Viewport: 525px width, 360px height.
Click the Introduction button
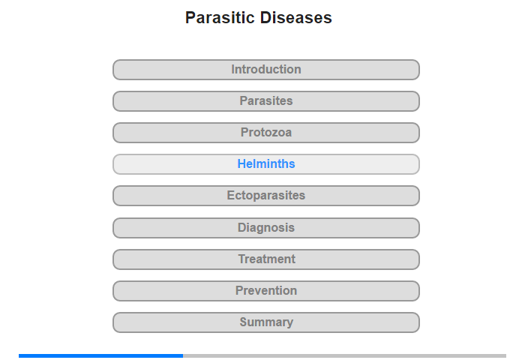266,70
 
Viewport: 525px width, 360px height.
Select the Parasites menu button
266,101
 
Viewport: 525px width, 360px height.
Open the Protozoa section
266,133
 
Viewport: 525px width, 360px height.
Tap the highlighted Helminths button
266,164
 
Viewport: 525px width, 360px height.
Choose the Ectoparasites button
266,196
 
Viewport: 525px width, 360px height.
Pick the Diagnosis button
266,228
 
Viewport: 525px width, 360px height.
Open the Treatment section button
266,259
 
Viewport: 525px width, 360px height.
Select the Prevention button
266,291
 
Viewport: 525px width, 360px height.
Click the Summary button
266,322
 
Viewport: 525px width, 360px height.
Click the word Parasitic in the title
220,17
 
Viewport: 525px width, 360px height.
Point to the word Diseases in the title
296,17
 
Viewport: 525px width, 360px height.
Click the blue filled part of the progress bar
100,355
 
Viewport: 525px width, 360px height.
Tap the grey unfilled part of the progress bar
344,355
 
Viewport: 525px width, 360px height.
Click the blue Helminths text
266,163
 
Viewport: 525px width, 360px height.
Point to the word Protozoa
266,132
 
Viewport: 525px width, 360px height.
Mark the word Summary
266,322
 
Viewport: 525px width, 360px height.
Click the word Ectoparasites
266,195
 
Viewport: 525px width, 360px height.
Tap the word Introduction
266,69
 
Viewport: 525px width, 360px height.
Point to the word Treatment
266,259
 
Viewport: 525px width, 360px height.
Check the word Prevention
266,290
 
